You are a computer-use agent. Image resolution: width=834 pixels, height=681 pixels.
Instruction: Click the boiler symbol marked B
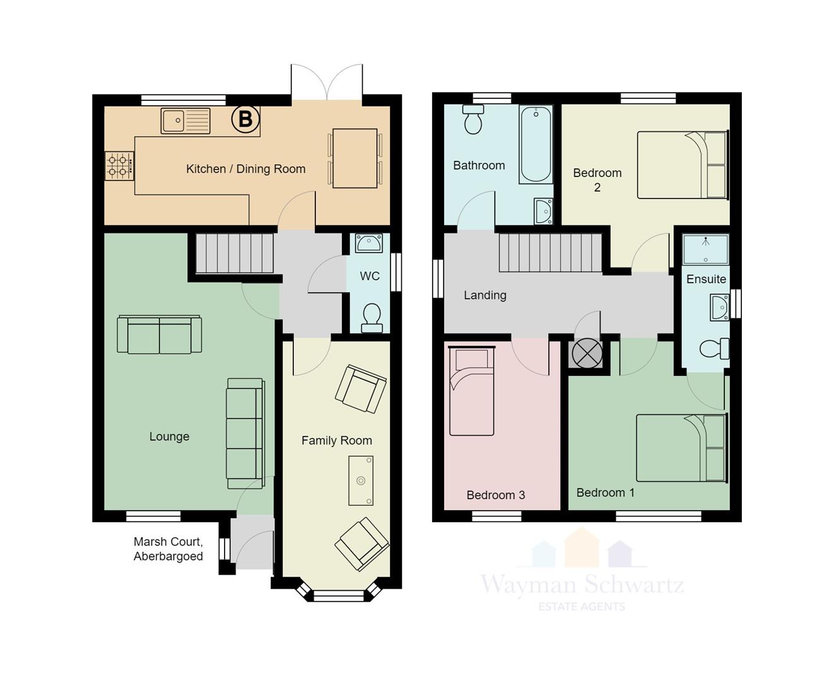245,119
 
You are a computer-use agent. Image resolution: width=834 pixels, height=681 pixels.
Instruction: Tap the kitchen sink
185,121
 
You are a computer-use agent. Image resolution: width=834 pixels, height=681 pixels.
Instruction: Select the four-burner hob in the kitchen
119,166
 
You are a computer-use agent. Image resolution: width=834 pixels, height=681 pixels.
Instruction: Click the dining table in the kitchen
355,158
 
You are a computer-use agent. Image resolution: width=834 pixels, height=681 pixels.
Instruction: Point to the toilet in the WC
372,318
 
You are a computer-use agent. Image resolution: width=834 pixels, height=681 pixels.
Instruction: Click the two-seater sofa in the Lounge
160,334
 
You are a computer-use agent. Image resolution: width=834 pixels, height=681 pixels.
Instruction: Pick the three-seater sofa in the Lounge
245,434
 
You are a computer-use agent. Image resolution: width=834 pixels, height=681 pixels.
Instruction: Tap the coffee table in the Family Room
361,480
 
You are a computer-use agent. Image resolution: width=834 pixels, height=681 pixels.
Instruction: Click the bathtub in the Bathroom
536,144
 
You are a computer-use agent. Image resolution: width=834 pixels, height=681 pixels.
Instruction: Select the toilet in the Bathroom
473,119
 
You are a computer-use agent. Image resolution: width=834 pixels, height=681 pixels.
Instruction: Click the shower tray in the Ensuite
706,250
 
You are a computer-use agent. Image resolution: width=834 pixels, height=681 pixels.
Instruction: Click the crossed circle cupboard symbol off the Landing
587,353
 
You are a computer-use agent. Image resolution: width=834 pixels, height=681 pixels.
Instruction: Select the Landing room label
485,295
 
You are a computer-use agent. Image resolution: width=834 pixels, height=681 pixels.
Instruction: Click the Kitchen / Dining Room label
245,169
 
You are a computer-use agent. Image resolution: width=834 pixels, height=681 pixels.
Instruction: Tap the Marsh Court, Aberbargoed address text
168,549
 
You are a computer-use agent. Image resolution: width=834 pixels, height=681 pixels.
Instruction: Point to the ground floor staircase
235,253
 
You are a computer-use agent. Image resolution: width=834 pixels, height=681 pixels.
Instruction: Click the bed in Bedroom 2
683,165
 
